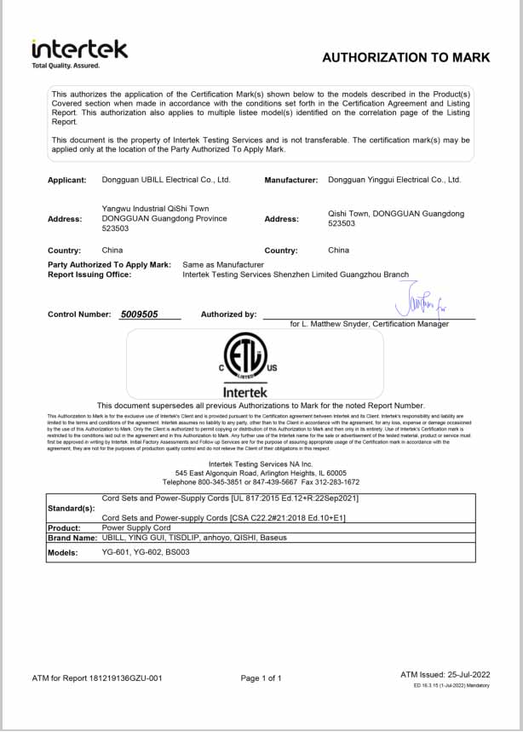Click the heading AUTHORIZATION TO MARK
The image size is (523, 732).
pos(405,57)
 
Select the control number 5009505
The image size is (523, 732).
pos(140,314)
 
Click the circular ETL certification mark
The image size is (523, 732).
pos(244,355)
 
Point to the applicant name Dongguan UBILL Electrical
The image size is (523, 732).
pos(166,180)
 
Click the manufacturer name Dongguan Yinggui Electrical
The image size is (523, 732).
pos(394,180)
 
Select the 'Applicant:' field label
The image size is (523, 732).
pos(67,180)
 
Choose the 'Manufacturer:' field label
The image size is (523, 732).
pos(291,180)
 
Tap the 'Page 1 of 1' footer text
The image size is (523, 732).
pos(261,678)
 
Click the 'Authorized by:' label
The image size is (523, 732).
pos(228,314)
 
